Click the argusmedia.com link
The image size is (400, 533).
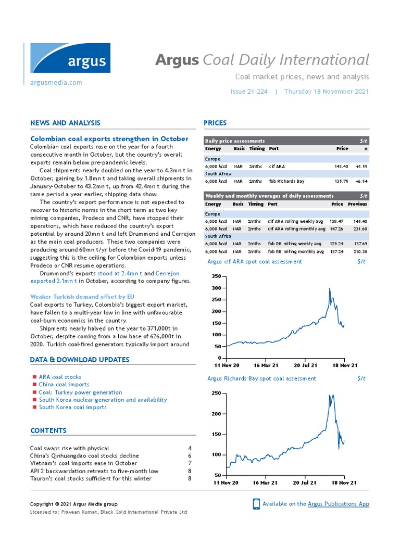point(56,83)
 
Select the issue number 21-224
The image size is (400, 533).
point(248,92)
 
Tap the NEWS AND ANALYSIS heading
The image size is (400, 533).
point(66,123)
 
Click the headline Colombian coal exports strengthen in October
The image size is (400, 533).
point(109,138)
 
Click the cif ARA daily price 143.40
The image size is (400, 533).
point(341,167)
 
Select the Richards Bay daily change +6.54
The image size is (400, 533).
point(360,181)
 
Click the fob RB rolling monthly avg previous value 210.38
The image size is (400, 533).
point(360,251)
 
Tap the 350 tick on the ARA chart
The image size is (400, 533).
point(216,276)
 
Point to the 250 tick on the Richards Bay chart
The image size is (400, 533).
point(217,394)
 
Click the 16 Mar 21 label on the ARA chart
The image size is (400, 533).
point(265,365)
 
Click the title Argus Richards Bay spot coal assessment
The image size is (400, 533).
point(261,378)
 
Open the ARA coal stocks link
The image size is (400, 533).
point(60,377)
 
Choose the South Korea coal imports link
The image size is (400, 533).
point(72,407)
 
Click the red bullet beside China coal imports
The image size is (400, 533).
point(34,385)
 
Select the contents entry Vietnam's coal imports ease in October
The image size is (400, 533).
point(83,463)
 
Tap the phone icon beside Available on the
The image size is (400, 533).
point(256,503)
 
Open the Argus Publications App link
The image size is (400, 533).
point(339,504)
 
